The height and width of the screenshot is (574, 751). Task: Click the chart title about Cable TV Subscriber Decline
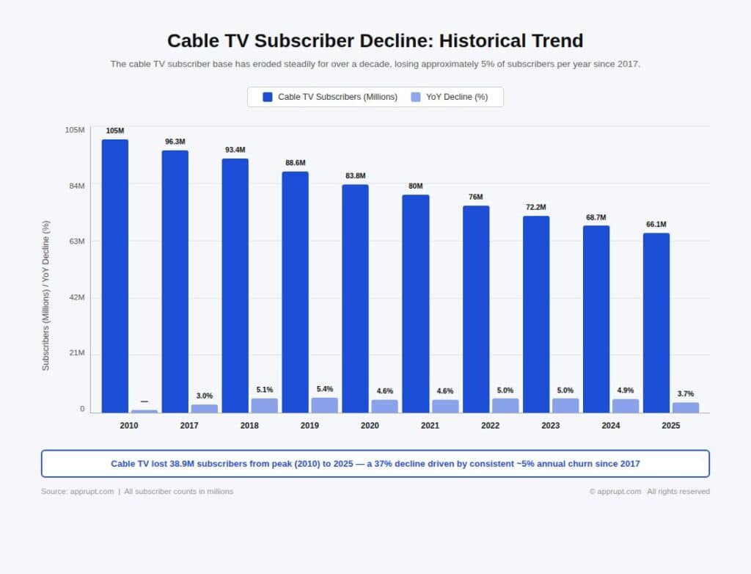375,40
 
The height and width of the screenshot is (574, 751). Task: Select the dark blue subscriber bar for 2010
115,275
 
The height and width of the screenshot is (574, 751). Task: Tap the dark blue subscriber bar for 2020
355,298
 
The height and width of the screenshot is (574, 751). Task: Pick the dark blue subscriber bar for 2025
656,322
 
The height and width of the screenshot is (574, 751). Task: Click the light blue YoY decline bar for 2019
325,405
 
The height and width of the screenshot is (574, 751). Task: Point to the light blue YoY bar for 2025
686,407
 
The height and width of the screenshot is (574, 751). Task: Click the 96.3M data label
175,142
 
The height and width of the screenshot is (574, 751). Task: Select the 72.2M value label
536,207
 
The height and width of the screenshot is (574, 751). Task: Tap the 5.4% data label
325,389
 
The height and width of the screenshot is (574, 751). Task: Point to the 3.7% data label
686,394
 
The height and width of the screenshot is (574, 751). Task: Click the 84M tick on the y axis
77,186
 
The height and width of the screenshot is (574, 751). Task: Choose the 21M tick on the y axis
77,353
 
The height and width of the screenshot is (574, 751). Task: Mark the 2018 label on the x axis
249,426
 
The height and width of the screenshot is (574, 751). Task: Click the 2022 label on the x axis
490,426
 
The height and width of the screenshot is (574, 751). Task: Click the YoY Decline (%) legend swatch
416,97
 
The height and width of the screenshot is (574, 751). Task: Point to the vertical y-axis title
45,295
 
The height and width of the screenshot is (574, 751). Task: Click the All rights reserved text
678,492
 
